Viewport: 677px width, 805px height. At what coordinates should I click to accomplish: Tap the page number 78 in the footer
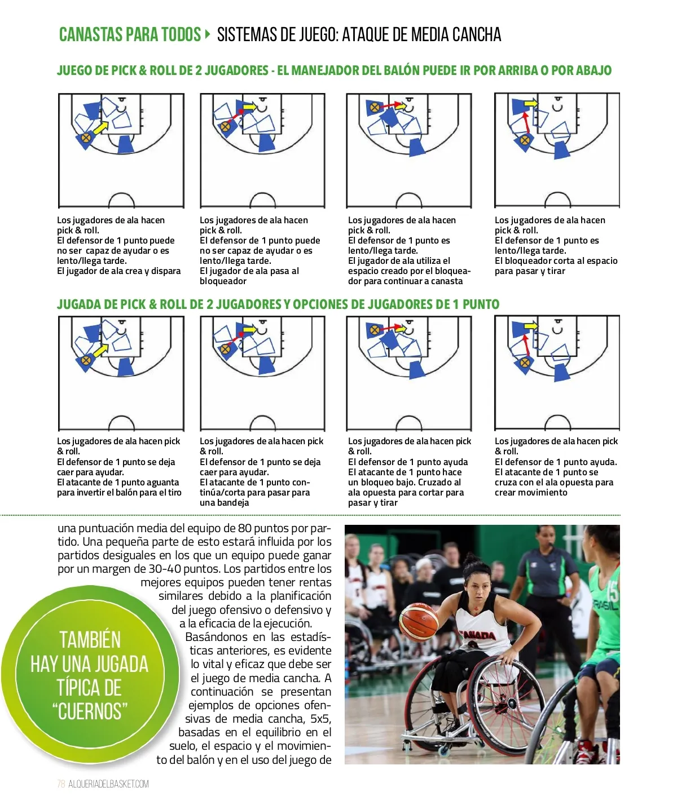(61, 784)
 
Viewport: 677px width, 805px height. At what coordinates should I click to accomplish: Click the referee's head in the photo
(547, 536)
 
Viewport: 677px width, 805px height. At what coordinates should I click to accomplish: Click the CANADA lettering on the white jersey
(478, 635)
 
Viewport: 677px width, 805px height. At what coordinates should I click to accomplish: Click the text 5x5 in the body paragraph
(320, 719)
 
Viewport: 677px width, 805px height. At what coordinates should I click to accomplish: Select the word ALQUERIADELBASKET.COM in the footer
(109, 784)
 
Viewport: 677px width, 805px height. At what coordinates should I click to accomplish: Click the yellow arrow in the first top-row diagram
(100, 129)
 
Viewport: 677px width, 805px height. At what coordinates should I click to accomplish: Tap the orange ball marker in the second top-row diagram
(226, 126)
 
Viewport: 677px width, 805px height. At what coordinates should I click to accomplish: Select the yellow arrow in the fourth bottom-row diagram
(531, 326)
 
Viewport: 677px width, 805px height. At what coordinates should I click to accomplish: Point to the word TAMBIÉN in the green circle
(90, 640)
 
